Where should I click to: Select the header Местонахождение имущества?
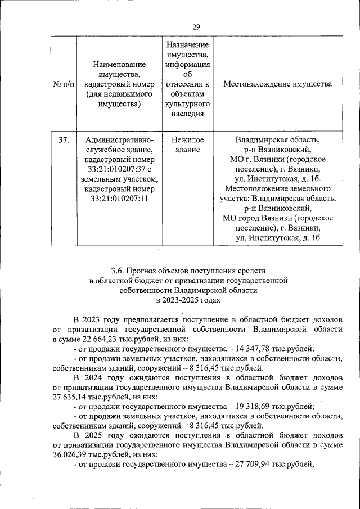point(277,84)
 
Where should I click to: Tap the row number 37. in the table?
point(64,139)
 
